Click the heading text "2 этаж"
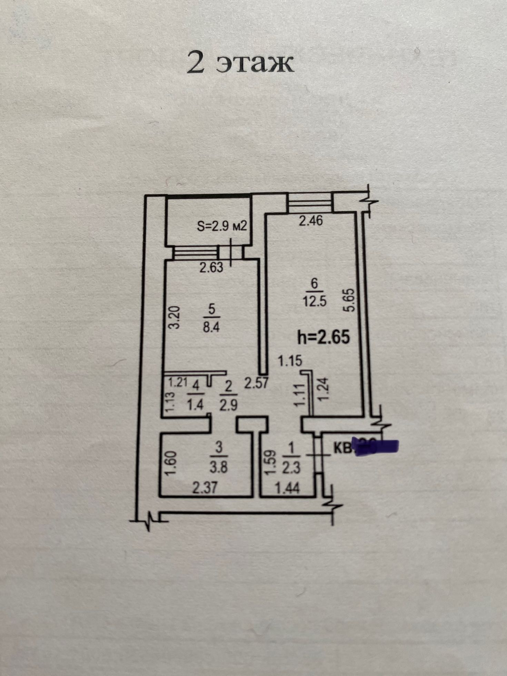pos(240,62)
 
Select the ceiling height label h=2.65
pos(324,337)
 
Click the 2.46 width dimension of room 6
pos(311,220)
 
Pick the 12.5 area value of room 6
pos(314,301)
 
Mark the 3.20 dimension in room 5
pos(175,318)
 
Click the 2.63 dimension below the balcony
pos(211,268)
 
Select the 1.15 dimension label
pos(290,361)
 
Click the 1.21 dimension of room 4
pos(177,382)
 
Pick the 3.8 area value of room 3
pos(219,468)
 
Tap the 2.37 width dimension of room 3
pos(205,488)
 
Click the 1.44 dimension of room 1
pos(288,488)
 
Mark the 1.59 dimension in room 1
pos(270,461)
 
